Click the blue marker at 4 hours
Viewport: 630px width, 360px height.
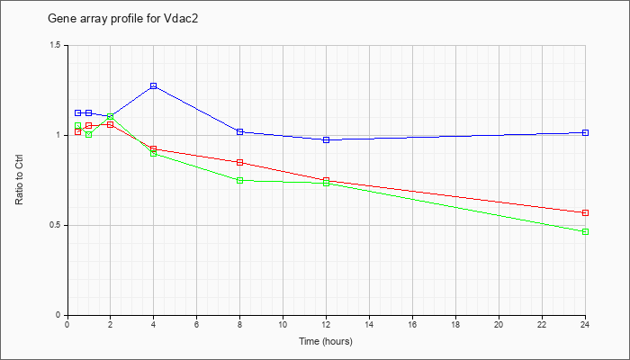[154, 85]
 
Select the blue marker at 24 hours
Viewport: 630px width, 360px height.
[586, 132]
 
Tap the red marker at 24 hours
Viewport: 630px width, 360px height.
[586, 212]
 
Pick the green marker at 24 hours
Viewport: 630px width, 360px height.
[586, 231]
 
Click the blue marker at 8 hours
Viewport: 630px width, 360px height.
[240, 131]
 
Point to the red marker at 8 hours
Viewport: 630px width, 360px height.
[240, 162]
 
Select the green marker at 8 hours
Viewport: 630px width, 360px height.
[240, 180]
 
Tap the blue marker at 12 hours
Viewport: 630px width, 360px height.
[327, 139]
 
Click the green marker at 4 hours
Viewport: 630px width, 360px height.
[154, 153]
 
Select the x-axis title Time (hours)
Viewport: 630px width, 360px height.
[326, 342]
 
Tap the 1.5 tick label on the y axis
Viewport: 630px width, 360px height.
[56, 45]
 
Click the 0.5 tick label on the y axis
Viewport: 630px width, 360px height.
[56, 225]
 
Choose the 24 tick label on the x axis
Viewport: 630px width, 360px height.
[586, 325]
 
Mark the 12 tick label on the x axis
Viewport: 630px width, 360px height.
[327, 325]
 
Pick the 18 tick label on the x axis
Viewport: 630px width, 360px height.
[456, 325]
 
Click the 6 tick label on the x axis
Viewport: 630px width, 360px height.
[197, 325]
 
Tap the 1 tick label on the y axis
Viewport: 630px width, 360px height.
[59, 135]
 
